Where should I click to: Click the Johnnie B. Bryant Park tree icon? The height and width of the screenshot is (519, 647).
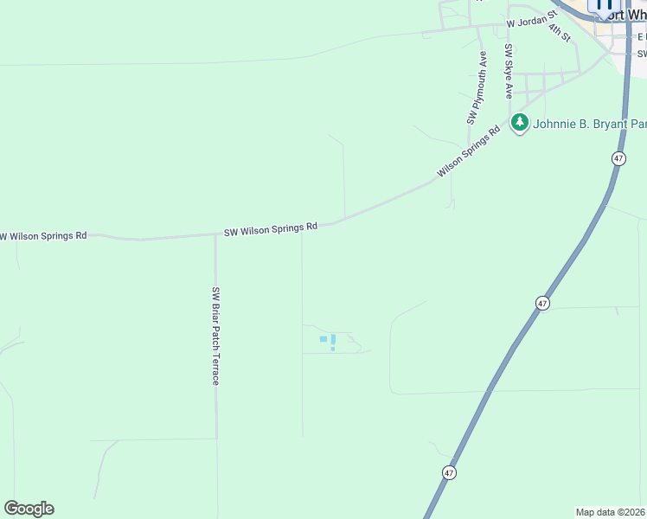tap(519, 123)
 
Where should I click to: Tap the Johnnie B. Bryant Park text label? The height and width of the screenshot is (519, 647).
tap(589, 124)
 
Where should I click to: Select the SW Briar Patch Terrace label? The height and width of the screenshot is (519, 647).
tap(216, 336)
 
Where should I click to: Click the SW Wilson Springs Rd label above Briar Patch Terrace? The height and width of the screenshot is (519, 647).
tap(271, 229)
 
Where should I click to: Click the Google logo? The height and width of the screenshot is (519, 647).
tap(29, 509)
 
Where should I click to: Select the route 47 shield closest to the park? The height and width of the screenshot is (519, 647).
tap(618, 158)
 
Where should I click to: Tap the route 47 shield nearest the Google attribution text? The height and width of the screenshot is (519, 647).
tap(449, 472)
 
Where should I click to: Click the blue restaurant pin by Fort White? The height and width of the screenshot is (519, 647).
tap(604, 5)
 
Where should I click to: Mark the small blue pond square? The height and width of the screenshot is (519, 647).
tap(323, 339)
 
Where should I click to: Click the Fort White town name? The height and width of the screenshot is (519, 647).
tap(626, 15)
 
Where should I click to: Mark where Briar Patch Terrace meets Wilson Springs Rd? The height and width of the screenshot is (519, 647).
tap(215, 234)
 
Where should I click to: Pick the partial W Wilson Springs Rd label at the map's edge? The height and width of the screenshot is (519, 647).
tap(43, 235)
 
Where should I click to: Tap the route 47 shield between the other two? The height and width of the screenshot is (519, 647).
tap(541, 303)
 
